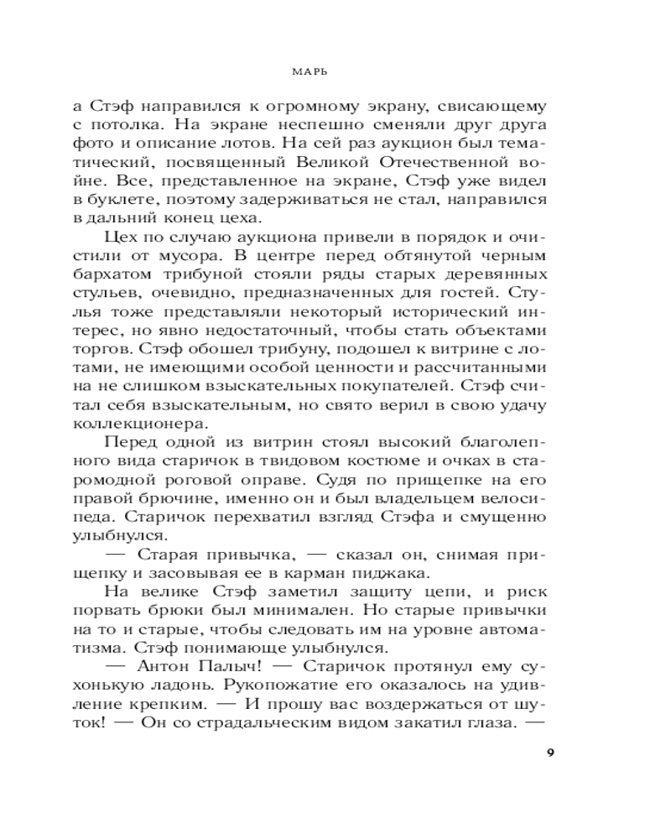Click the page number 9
(x=549, y=752)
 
